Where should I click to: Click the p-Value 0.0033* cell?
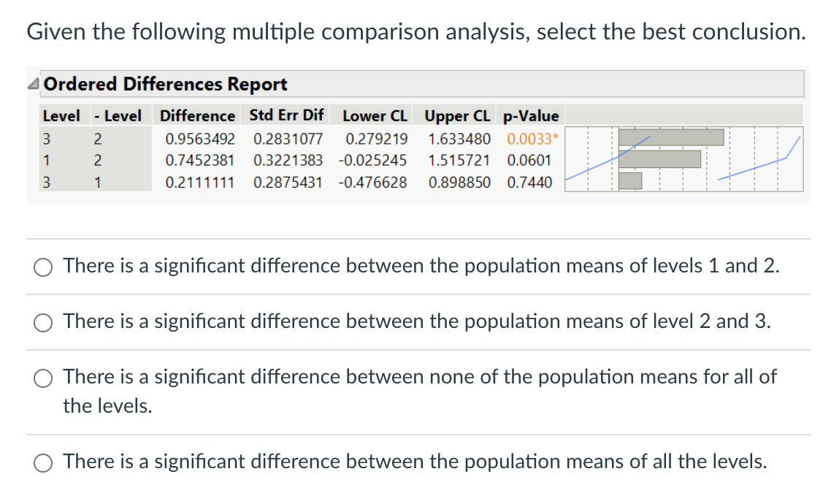[x=532, y=138]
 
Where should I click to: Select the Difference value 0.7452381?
[x=200, y=160]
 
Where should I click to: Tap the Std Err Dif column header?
[x=286, y=115]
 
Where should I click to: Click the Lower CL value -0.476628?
[x=373, y=182]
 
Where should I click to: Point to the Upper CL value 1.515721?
[x=459, y=160]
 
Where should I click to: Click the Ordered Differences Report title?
[x=165, y=84]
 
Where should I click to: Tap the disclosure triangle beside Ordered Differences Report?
[x=34, y=85]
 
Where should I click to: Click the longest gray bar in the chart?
[x=671, y=137]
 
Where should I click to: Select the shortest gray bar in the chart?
[x=630, y=180]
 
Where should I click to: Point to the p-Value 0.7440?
[x=529, y=182]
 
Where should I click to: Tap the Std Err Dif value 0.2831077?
[x=288, y=138]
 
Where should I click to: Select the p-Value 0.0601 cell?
[x=529, y=160]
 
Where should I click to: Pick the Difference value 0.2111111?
[x=200, y=182]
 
